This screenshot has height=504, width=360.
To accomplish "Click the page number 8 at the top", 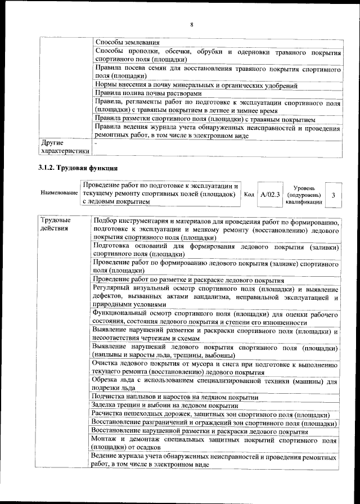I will (191, 25).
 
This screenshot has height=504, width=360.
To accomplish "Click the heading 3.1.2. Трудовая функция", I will (77, 168).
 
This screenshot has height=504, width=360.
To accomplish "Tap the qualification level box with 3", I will (334, 194).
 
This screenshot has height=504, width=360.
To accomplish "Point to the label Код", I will (249, 194).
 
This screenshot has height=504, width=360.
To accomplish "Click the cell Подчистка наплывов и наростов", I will (176, 397).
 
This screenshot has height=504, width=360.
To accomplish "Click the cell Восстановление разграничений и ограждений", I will (215, 423).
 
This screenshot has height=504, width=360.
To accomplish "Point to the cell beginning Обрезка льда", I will (215, 385).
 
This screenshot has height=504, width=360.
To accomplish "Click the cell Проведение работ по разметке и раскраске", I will (188, 280).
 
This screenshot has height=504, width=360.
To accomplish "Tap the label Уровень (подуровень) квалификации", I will (304, 195).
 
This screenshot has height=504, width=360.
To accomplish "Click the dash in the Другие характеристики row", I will (97, 143).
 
